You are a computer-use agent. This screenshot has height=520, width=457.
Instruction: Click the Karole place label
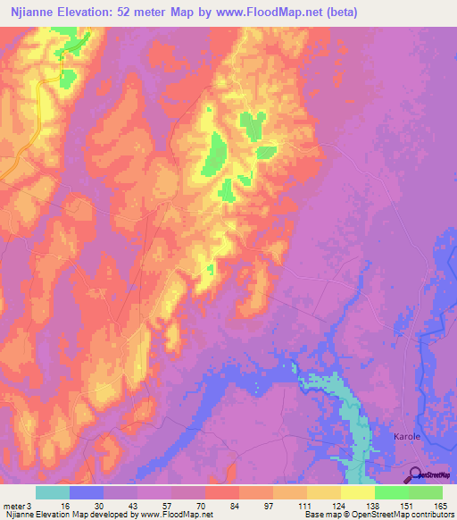click(x=406, y=437)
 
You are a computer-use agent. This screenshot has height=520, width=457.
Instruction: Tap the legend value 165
click(x=437, y=506)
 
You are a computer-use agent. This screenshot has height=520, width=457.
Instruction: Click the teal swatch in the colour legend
click(x=53, y=492)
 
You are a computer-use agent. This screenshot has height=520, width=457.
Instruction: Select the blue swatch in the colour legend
click(x=87, y=492)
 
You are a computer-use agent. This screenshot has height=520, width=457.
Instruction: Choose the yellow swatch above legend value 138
click(x=357, y=492)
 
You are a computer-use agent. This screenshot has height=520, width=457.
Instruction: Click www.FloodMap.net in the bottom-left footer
click(x=176, y=515)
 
